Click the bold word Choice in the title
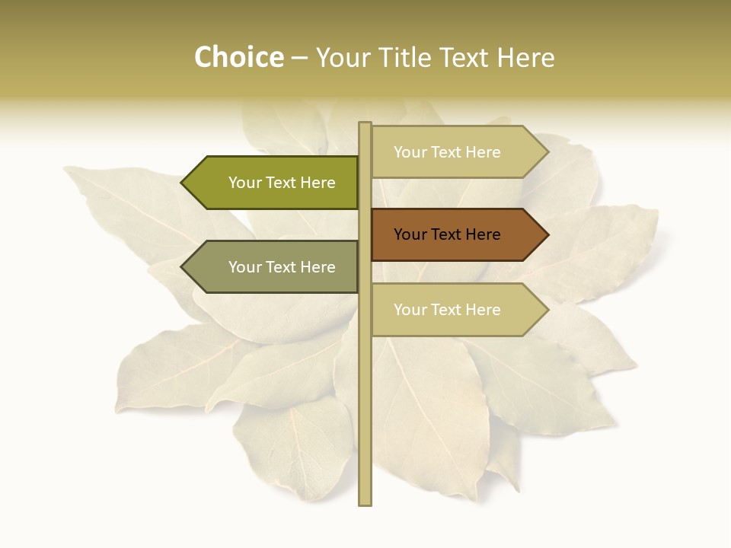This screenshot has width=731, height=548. (238, 57)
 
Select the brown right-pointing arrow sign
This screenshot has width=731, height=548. (457, 234)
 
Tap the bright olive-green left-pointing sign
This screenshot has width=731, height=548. (274, 183)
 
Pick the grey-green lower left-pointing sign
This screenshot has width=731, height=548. (274, 266)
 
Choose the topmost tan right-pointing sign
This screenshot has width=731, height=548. (457, 151)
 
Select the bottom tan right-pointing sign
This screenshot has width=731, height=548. (457, 309)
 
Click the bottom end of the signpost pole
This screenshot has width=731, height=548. (365, 502)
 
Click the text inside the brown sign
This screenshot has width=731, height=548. (447, 234)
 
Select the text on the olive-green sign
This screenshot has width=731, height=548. (282, 183)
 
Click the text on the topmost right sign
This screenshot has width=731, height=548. (447, 152)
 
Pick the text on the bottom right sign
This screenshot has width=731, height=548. (447, 310)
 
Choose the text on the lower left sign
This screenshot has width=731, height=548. (282, 267)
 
